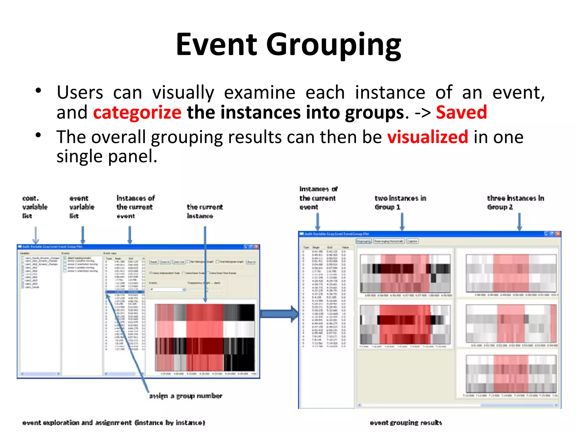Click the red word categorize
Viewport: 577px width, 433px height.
point(137,112)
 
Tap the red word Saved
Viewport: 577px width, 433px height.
point(461,112)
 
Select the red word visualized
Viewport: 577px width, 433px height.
point(427,137)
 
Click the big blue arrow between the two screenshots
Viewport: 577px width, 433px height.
point(279,313)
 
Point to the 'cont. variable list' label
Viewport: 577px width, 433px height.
point(34,207)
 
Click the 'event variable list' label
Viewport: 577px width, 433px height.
point(82,207)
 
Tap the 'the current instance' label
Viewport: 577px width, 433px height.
point(205,211)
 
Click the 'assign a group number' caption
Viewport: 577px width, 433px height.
point(186,396)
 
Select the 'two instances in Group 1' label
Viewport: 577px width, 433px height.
point(400,202)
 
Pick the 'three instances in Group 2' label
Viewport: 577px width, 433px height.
point(515,202)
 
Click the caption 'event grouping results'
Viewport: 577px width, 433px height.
point(406,423)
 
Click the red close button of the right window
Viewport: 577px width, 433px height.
point(558,234)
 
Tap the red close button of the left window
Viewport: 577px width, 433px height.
point(256,247)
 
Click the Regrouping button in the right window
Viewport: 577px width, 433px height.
point(363,241)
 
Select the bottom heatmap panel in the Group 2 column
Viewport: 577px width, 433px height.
point(511,374)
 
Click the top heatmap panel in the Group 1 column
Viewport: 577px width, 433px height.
point(405,273)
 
